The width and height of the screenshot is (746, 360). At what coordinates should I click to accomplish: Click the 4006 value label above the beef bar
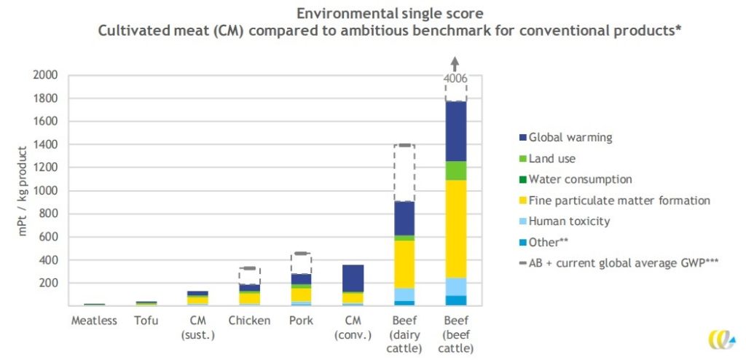(x=455, y=79)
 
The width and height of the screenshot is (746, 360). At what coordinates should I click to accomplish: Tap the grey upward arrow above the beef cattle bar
(x=455, y=63)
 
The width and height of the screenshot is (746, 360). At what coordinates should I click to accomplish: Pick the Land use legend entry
(x=553, y=158)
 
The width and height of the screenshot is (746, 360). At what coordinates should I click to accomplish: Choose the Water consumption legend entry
(x=580, y=179)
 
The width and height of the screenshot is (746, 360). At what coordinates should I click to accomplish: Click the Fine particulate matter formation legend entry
(x=619, y=200)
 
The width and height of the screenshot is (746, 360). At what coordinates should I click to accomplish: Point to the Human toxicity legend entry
(x=568, y=222)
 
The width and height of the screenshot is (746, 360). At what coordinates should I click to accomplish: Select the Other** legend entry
(x=551, y=243)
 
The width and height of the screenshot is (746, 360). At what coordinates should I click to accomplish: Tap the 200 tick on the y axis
(x=48, y=283)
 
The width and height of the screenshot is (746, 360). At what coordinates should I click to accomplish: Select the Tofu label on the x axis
(x=146, y=321)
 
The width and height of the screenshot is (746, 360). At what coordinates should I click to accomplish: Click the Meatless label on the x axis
(x=94, y=321)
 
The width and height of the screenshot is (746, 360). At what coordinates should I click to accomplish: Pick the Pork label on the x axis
(x=300, y=321)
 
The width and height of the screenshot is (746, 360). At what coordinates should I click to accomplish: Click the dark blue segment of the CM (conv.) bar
(x=352, y=278)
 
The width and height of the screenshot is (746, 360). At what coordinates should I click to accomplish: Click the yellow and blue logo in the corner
(x=721, y=340)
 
